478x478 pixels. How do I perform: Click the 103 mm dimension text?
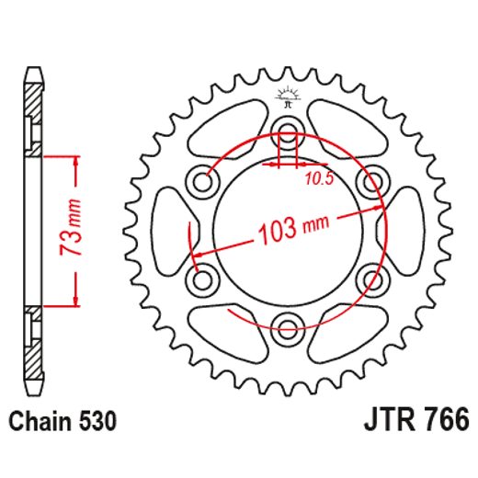[290, 226]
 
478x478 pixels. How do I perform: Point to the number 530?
[97, 422]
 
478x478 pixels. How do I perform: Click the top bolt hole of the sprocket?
[289, 129]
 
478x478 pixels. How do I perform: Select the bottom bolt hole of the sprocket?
[289, 324]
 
